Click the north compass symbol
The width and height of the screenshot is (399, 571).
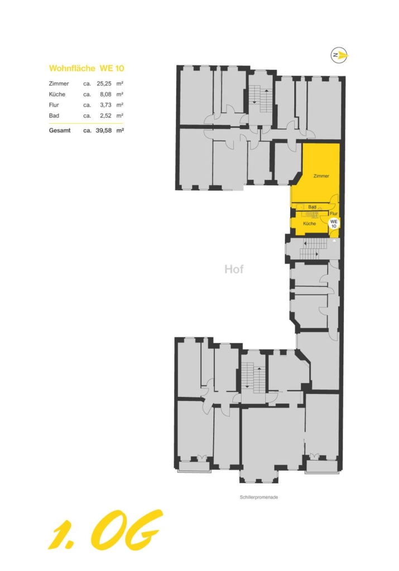pos(339,55)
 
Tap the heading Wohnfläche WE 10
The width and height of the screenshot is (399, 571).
pos(86,69)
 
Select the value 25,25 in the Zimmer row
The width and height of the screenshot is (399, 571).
pos(104,84)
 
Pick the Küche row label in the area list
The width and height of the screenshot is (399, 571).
pos(57,94)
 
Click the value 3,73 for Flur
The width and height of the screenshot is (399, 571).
pos(105,105)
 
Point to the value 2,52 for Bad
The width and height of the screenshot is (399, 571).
pos(105,115)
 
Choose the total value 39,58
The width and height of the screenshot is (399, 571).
pos(103,130)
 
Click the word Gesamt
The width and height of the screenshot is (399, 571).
pos(60,130)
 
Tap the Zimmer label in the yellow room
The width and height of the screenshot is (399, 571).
pos(321,176)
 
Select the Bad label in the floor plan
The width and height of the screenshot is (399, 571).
pos(312,207)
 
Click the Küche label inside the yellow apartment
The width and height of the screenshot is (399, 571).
pos(309,224)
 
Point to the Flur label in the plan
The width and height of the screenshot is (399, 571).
pos(333,214)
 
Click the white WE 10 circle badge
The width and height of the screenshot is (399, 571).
pos(334,224)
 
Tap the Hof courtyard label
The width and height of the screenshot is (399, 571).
pos(234,269)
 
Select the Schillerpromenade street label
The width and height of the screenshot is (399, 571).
pos(259,497)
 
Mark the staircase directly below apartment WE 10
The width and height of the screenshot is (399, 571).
pos(313,249)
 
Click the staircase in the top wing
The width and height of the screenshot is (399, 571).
pos(261,99)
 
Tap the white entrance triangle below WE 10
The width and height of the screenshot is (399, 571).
pos(334,241)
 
